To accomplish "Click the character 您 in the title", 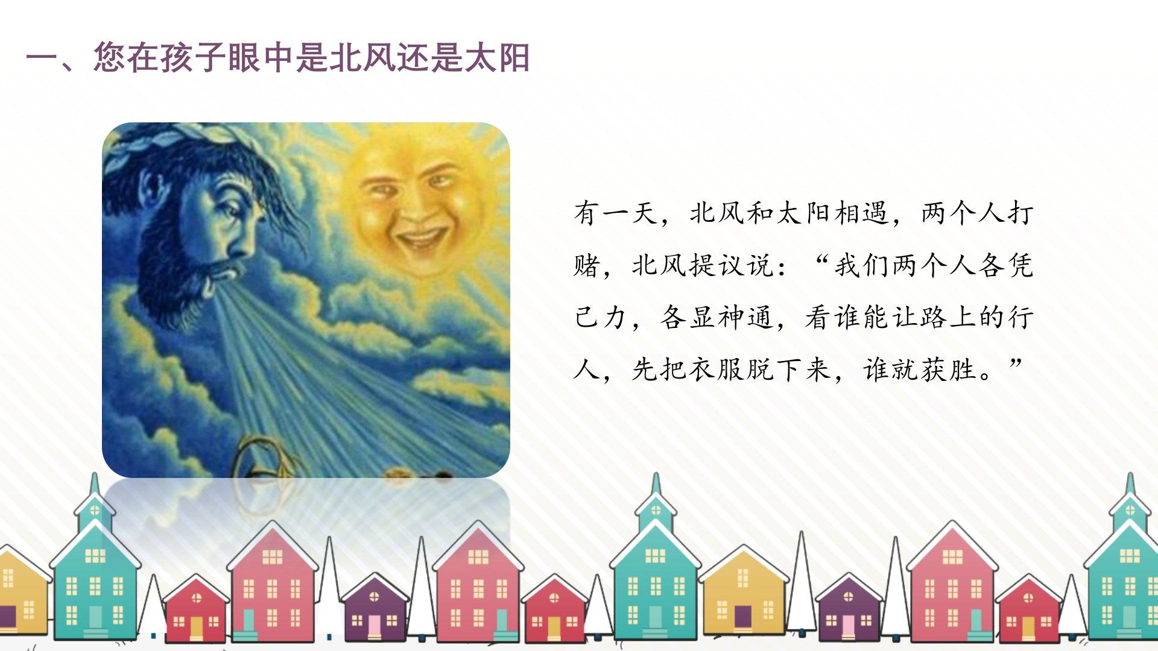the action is click(110, 58).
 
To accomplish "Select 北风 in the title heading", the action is click(362, 58).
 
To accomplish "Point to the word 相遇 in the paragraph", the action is click(861, 213).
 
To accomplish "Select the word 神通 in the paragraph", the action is click(745, 317).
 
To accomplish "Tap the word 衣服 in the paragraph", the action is click(717, 369).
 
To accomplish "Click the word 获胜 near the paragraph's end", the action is click(948, 369).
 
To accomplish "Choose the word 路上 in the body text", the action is click(948, 317).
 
